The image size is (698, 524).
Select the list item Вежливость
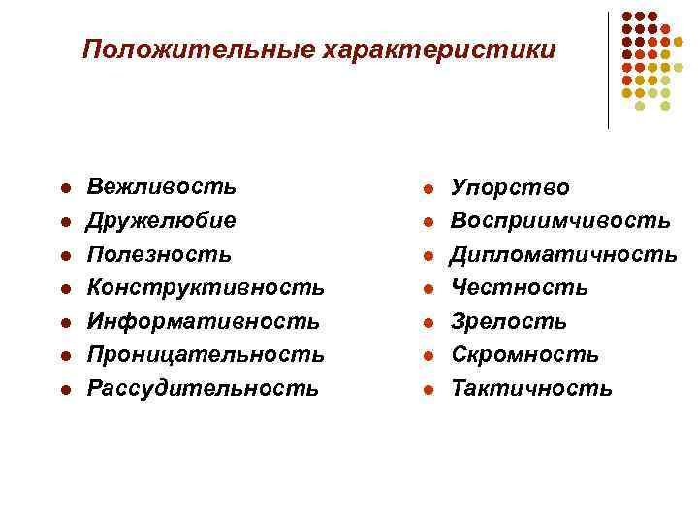(x=161, y=186)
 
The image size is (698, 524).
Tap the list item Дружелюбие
(x=161, y=220)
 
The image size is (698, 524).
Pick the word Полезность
(x=159, y=254)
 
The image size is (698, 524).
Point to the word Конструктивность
(x=206, y=288)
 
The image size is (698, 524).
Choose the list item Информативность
(x=203, y=321)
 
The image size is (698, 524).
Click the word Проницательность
(x=206, y=355)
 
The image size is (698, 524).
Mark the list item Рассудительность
(x=203, y=389)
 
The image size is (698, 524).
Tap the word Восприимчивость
(x=560, y=221)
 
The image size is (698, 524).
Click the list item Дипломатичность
(x=564, y=255)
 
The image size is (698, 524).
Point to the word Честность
(x=520, y=288)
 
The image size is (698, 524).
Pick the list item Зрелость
(x=509, y=322)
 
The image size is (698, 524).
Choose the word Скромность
(x=524, y=356)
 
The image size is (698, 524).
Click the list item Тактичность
(x=531, y=389)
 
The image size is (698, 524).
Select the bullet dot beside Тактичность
(x=427, y=391)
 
